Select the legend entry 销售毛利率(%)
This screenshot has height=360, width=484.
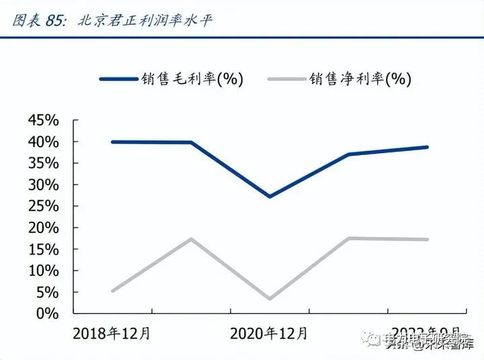click(x=171, y=79)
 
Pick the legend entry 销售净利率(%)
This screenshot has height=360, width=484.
click(x=339, y=79)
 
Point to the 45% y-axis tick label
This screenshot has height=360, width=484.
click(x=44, y=120)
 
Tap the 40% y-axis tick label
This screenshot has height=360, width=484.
click(x=44, y=142)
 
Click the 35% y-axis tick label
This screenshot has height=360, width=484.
click(x=44, y=163)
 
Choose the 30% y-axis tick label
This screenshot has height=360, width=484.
click(x=44, y=185)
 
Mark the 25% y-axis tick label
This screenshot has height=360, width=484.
click(x=44, y=206)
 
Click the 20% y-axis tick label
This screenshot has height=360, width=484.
click(x=44, y=228)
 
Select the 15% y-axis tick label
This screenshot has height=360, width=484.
click(x=44, y=249)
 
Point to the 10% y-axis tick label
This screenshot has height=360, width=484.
click(x=44, y=271)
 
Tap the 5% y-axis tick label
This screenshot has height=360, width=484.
click(x=48, y=292)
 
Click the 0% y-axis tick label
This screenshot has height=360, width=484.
click(x=48, y=314)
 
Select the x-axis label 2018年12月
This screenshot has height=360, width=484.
click(x=112, y=333)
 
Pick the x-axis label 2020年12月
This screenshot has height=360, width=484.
click(x=269, y=333)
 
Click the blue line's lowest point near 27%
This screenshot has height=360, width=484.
click(x=270, y=197)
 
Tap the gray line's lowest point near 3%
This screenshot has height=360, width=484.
click(x=270, y=299)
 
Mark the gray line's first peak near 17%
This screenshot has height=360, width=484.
click(x=191, y=238)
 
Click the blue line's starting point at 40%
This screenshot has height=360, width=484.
click(x=112, y=142)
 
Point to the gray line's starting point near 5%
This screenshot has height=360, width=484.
click(x=112, y=291)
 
